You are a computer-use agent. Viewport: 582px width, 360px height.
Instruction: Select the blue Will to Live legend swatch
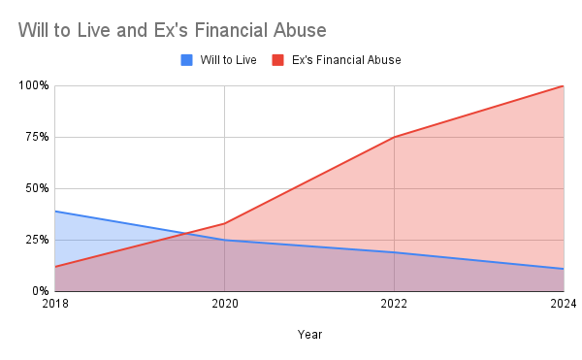[x=187, y=60]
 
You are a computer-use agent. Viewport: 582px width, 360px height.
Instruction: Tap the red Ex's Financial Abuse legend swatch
[x=277, y=60]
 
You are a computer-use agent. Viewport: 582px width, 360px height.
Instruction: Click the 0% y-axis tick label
[x=39, y=291]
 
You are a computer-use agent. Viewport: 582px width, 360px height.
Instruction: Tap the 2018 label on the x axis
[x=55, y=305]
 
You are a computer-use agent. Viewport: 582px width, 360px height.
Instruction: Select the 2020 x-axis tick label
[x=224, y=305]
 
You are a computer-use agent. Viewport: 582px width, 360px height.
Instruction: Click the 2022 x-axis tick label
[x=394, y=305]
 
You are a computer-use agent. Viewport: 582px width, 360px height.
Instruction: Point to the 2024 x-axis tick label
[x=563, y=305]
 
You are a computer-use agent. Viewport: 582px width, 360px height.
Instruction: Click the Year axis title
[x=309, y=335]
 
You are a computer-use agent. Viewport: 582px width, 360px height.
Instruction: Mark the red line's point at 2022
[x=394, y=137]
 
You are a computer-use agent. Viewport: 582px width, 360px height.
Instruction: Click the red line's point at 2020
[x=224, y=223]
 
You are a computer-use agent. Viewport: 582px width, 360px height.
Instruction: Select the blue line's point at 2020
[x=224, y=240]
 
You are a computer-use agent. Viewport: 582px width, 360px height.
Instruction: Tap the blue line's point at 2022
[x=394, y=252]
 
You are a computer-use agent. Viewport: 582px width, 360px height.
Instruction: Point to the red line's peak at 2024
[x=563, y=85]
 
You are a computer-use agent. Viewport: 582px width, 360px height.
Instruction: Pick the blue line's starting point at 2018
[x=55, y=211]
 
